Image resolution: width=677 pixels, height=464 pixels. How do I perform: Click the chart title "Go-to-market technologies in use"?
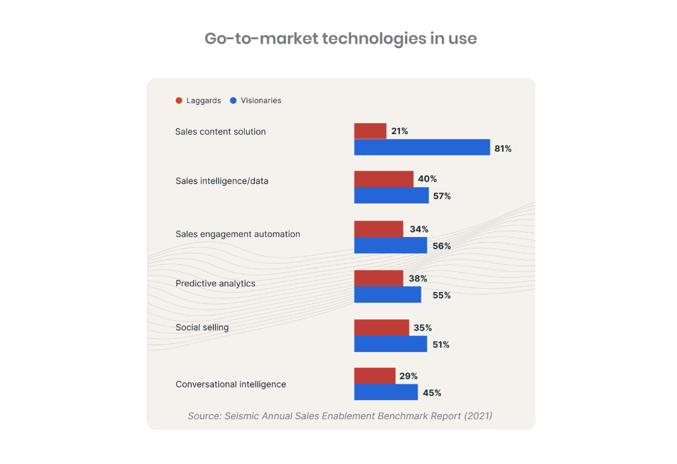click(x=340, y=39)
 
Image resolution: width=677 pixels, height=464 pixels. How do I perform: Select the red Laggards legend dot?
click(x=179, y=101)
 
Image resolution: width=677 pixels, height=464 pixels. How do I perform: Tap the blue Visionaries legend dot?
click(x=233, y=101)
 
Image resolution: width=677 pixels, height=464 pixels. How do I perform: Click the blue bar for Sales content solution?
click(x=421, y=147)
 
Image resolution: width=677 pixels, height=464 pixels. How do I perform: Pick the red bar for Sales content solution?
click(x=370, y=131)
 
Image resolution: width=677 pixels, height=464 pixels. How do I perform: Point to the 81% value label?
click(x=503, y=149)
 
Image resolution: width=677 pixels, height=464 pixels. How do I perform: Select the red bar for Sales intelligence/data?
click(x=383, y=179)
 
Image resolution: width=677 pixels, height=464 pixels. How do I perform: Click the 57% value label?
click(x=442, y=196)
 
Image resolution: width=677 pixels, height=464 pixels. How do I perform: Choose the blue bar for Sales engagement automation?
click(x=390, y=245)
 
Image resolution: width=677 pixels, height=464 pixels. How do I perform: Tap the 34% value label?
click(x=419, y=229)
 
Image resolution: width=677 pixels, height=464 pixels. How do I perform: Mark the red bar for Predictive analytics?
click(x=378, y=278)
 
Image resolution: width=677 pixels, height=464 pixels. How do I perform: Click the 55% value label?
click(x=442, y=295)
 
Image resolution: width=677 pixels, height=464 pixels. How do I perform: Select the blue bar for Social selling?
click(x=390, y=344)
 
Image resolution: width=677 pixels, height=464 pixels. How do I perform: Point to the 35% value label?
click(x=423, y=327)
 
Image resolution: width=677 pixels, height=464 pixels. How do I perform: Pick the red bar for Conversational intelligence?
click(x=375, y=376)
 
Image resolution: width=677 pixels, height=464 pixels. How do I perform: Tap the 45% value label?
click(x=432, y=393)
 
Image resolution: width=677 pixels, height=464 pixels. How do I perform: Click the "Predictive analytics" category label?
click(x=215, y=283)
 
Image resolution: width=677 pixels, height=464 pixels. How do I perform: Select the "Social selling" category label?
click(x=202, y=327)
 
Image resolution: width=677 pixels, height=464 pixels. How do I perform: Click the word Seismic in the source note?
click(x=242, y=416)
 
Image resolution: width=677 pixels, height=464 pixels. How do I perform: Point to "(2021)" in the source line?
click(x=478, y=416)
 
